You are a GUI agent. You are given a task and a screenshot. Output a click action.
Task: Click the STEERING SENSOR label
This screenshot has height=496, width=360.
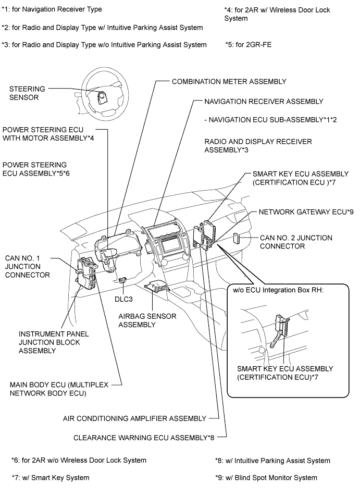[x=23, y=93]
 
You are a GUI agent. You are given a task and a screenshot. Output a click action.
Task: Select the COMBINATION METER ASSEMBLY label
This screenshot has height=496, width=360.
[x=229, y=81]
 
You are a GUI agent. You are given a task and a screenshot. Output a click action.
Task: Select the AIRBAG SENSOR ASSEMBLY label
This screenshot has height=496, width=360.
[x=147, y=320]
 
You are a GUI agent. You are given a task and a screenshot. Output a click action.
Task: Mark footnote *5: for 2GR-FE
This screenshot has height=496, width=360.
[x=248, y=45]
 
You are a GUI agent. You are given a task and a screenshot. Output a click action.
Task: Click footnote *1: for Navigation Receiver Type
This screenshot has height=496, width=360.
[x=52, y=9]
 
